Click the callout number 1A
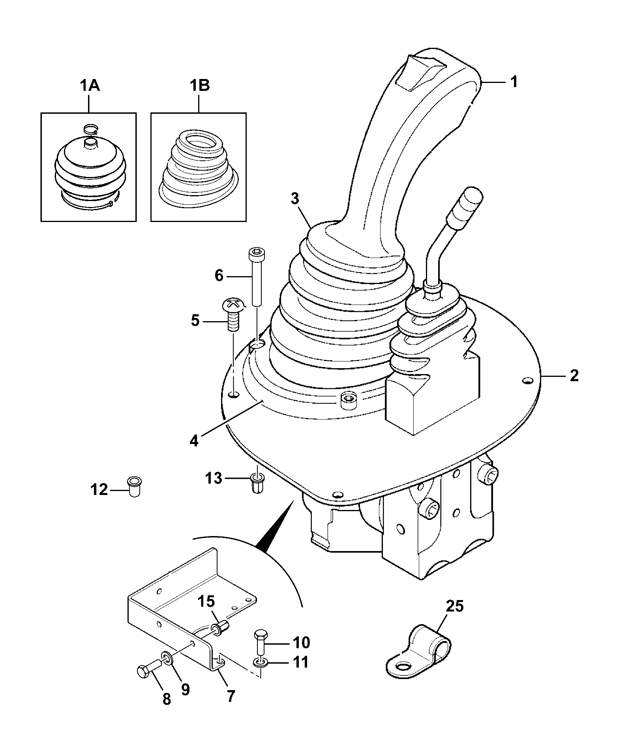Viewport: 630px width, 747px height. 90,85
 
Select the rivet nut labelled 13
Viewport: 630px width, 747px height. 257,482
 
